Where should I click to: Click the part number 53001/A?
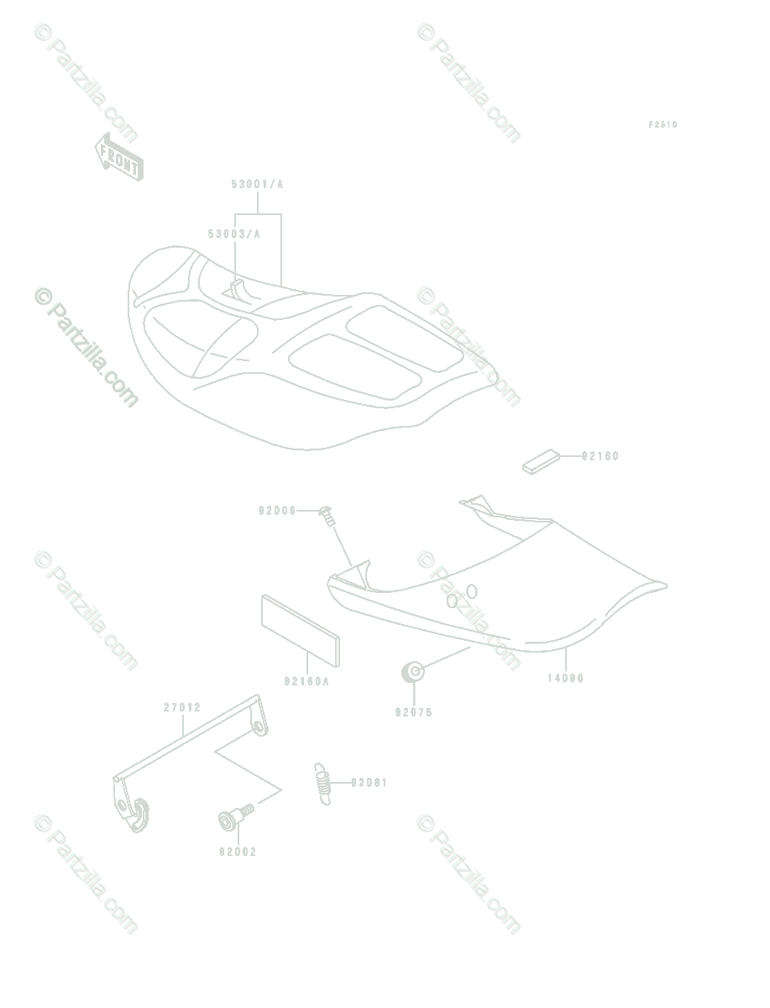258,185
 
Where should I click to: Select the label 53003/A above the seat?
234,234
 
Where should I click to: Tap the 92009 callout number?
277,510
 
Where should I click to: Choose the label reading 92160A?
306,681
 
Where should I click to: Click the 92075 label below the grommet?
413,712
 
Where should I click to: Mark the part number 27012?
182,707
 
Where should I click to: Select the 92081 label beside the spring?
369,782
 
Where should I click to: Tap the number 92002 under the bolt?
238,852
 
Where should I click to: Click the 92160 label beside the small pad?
600,456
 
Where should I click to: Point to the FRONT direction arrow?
118,156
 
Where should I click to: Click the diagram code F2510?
663,125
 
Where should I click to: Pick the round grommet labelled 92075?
412,671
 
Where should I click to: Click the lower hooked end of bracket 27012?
133,810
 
